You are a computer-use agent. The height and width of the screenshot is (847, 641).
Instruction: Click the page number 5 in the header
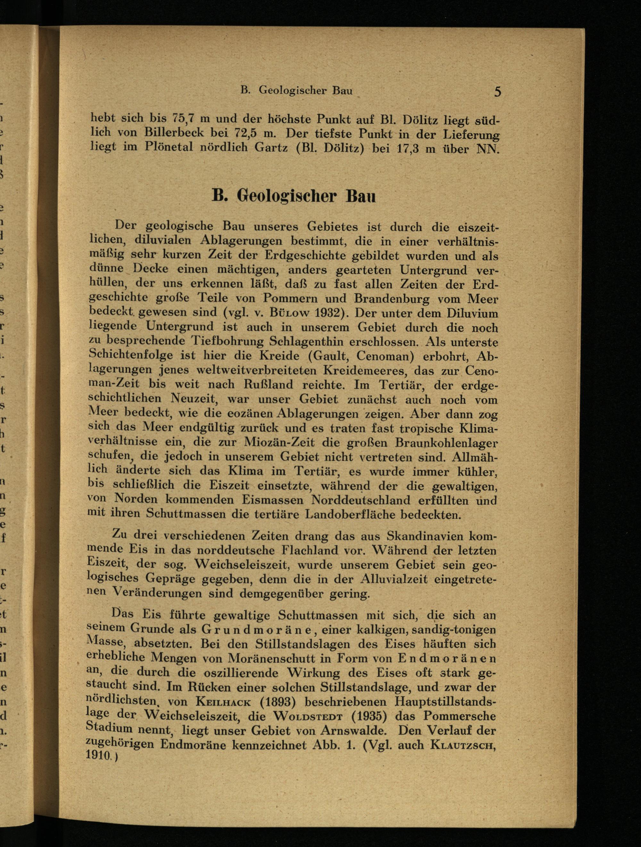[x=497, y=92]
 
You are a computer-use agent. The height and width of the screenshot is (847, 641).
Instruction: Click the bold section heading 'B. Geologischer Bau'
[x=294, y=196]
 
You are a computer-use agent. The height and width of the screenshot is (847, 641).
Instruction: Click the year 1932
[x=329, y=313]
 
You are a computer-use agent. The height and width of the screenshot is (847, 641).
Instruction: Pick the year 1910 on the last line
[x=99, y=756]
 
